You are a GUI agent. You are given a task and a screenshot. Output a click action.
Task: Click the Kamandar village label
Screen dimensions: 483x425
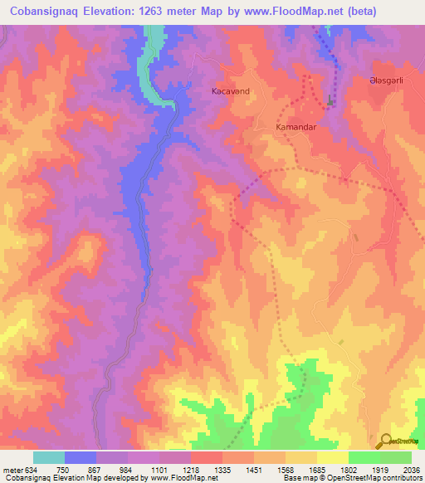(x=296, y=129)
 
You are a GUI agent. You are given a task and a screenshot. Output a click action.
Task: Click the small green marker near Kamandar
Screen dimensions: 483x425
(x=330, y=101)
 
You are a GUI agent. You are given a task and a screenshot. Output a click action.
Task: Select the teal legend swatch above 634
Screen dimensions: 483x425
(x=49, y=457)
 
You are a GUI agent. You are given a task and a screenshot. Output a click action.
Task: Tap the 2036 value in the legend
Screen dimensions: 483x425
(x=411, y=470)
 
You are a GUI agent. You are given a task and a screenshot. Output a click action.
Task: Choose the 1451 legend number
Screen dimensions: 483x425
(x=254, y=470)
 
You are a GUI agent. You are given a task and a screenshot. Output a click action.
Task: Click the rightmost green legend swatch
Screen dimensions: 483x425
(x=396, y=457)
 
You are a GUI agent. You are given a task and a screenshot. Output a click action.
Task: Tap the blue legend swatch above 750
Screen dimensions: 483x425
(x=81, y=457)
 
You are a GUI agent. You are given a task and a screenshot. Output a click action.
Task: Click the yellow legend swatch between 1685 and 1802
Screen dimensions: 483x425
(x=333, y=457)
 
